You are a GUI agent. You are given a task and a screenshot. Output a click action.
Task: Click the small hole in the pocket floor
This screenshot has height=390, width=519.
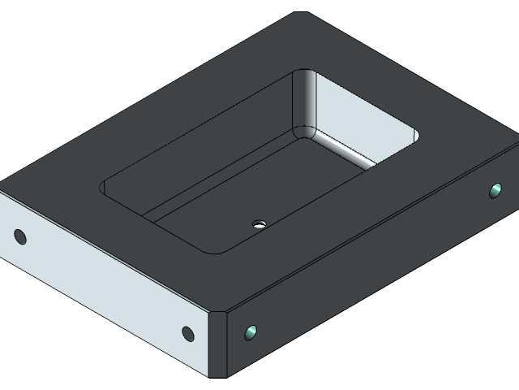[x=259, y=222]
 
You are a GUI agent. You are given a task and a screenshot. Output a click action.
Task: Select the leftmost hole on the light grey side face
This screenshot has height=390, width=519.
[x=20, y=237]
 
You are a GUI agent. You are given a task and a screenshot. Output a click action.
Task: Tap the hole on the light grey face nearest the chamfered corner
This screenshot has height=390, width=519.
[x=187, y=333]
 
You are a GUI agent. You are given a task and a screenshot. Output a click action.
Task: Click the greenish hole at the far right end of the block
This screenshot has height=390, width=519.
[x=495, y=191]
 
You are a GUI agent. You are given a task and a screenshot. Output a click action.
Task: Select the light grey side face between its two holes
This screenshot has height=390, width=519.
[x=105, y=284]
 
